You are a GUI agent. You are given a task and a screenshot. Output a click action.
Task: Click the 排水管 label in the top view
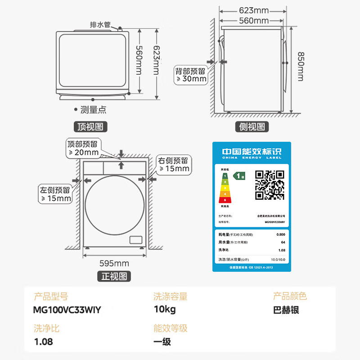pyautogui.click(x=101, y=24)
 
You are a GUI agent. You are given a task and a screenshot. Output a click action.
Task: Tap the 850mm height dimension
pyautogui.click(x=300, y=66)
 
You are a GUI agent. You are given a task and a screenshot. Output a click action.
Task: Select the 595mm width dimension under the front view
pyautogui.click(x=114, y=263)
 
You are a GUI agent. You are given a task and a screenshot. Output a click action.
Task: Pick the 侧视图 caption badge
pyautogui.click(x=252, y=127)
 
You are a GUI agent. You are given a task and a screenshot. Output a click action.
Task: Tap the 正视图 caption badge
pyautogui.click(x=114, y=276)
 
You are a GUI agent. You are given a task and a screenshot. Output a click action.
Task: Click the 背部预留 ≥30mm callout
pyautogui.click(x=191, y=75)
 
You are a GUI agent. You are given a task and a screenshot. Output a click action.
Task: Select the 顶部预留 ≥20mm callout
pyautogui.click(x=83, y=148)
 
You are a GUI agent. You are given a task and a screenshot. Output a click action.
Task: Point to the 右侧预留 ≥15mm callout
pyautogui.click(x=174, y=164)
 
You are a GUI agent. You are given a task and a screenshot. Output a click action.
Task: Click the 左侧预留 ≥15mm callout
pyautogui.click(x=55, y=194)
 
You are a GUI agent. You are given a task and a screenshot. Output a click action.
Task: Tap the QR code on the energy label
pyautogui.click(x=270, y=184)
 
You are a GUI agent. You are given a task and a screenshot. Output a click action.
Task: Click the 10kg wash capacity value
pyautogui.click(x=164, y=310)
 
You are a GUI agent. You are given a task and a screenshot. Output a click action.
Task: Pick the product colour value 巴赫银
pyautogui.click(x=286, y=310)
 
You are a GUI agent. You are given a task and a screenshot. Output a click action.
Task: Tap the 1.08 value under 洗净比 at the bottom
pyautogui.click(x=43, y=342)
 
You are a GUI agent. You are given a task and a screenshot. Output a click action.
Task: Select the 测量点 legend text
pyautogui.click(x=93, y=109)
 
